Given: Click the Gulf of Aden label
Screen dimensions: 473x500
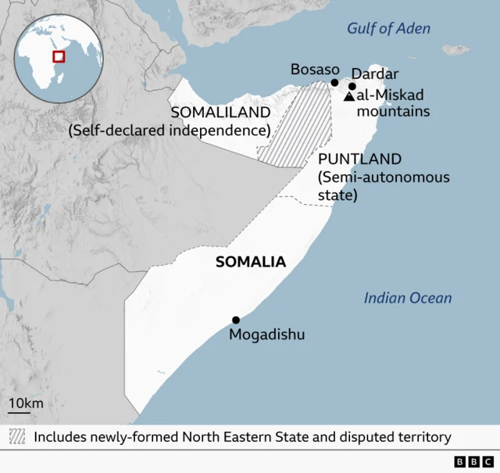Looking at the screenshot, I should coord(388,29).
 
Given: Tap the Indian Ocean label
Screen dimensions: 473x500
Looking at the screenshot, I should coord(407,298).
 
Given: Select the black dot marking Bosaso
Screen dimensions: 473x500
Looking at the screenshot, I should coord(334,82).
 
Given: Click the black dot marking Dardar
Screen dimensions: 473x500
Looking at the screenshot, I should coord(352,87).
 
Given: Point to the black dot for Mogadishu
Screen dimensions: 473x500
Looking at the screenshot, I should coord(236,320).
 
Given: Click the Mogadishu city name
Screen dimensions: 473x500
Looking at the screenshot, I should coord(266,335).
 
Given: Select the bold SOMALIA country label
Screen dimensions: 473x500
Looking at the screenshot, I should coord(251,263).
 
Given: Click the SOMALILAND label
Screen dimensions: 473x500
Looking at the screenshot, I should coord(220,113).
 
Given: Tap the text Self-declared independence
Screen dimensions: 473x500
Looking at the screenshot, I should coord(169,131).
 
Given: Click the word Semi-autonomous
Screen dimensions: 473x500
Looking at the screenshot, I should coord(384,177).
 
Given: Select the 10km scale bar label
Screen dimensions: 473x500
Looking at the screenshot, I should coord(26,403).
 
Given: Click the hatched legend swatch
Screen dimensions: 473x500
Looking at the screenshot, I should coord(17,436).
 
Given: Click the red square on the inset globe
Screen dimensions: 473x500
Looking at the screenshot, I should coord(58,56).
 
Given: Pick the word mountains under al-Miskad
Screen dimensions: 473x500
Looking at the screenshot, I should coord(393,111).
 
